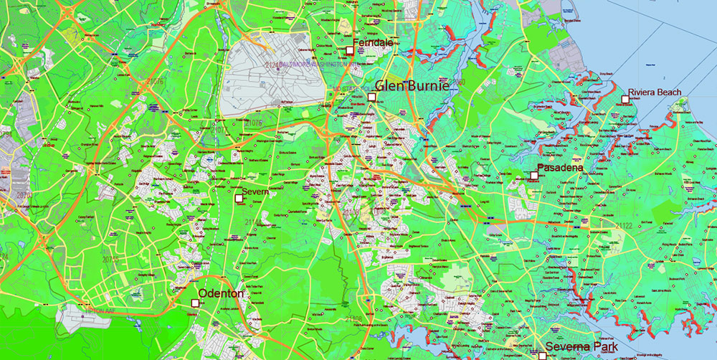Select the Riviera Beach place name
655,93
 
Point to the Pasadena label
560,169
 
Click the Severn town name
255,191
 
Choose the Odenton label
221,294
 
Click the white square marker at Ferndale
350,50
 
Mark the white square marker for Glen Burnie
371,97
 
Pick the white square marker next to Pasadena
534,175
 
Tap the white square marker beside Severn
239,198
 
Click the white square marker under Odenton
195,303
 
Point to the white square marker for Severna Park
543,356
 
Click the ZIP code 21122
623,227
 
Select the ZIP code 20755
110,260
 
